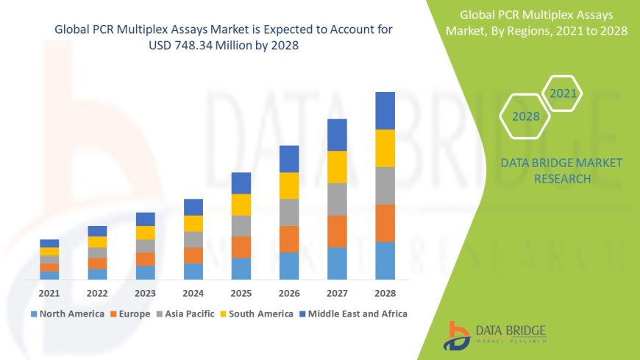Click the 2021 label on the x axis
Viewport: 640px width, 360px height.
(x=49, y=293)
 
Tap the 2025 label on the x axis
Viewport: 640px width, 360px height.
(x=241, y=293)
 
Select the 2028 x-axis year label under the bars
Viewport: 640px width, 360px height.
(x=385, y=293)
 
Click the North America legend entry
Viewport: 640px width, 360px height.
(x=68, y=314)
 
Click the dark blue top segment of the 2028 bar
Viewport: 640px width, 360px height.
(x=385, y=110)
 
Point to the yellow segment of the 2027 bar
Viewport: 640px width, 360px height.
(x=337, y=166)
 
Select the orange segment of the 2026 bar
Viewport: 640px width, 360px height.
(x=289, y=239)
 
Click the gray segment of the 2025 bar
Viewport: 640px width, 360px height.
(x=241, y=225)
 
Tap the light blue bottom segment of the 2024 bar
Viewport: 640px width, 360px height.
(x=193, y=271)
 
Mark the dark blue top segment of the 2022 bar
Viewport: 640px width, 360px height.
(x=97, y=231)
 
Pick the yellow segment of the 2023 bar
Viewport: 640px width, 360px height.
(x=146, y=233)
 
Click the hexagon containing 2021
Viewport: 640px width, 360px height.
(x=563, y=93)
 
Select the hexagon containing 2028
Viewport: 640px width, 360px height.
(x=526, y=116)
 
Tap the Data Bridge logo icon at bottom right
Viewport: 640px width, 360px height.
(x=458, y=335)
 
